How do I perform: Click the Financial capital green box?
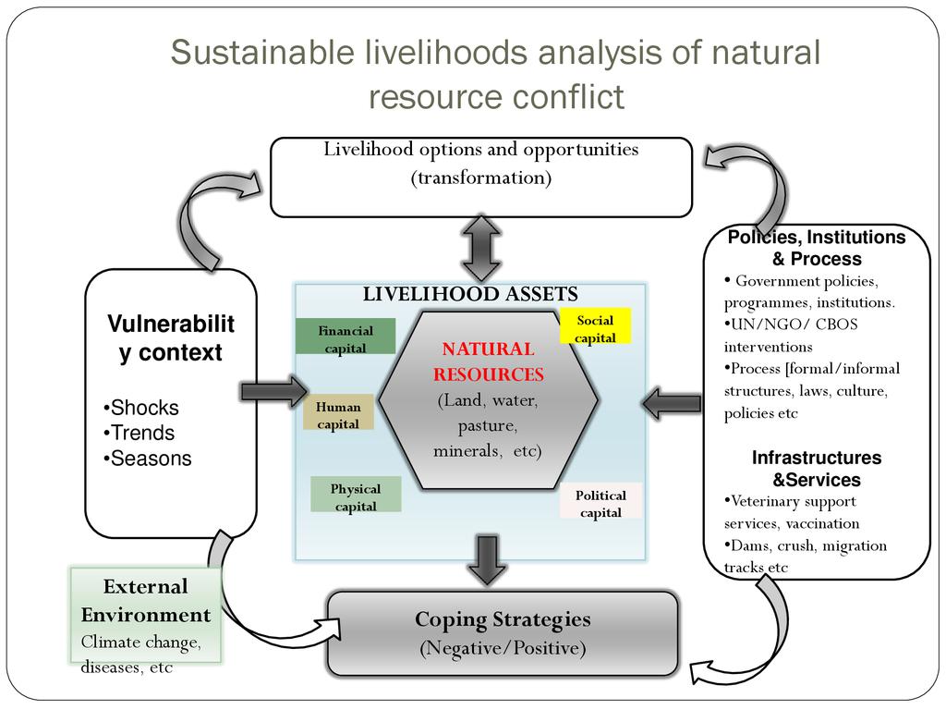pos(346,337)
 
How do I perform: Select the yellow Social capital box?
pos(595,327)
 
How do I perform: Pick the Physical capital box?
pos(356,496)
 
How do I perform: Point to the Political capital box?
pos(600,502)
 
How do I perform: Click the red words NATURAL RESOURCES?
pos(488,361)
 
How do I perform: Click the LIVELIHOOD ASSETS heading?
pos(469,294)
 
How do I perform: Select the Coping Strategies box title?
pos(502,618)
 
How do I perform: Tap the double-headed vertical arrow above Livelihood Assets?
pos(481,249)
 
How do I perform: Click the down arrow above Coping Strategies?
pos(487,557)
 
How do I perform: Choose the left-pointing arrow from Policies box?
pos(672,403)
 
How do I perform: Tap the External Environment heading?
pos(146,601)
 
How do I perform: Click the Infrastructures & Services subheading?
pos(817,469)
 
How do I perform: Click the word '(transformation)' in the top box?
pos(480,177)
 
